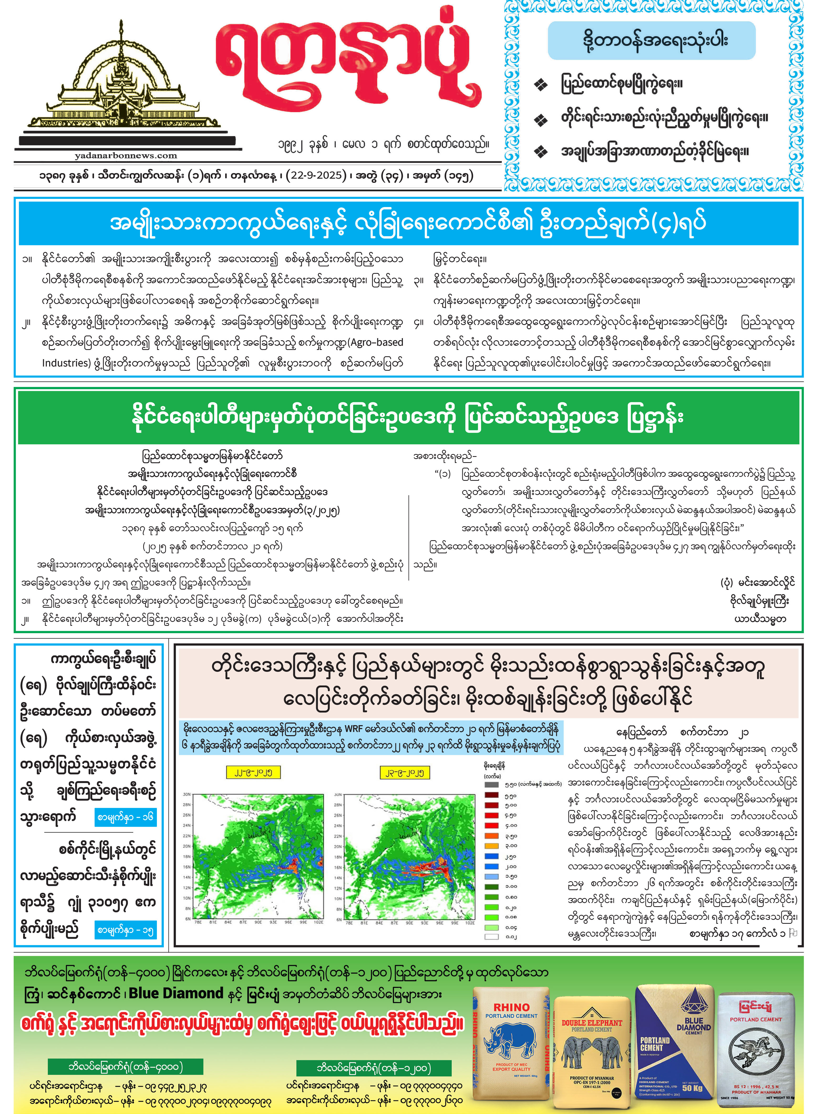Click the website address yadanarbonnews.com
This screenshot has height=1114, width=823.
point(126,155)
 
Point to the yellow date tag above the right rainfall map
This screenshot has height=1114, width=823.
point(404,772)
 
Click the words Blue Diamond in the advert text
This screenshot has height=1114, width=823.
point(175,993)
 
